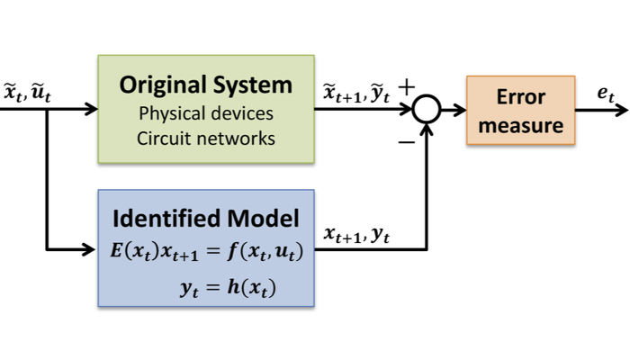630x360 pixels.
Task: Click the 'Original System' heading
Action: coord(206,86)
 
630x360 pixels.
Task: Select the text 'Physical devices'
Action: coord(206,114)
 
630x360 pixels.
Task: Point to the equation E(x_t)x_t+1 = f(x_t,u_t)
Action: coord(206,252)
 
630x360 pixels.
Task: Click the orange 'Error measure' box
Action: coord(521,110)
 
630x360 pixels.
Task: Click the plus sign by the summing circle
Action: coord(406,88)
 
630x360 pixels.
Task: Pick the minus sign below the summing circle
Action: coord(406,139)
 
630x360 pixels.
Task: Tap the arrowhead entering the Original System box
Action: coord(92,110)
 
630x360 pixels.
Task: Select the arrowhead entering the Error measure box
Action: coord(461,110)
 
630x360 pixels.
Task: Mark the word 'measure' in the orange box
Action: coord(521,126)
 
